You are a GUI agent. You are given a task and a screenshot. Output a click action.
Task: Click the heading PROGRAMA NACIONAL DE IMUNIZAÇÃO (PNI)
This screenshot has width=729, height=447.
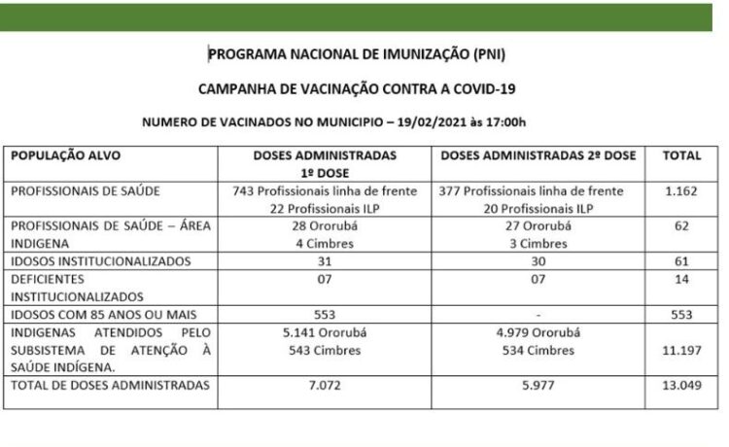tap(357, 54)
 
